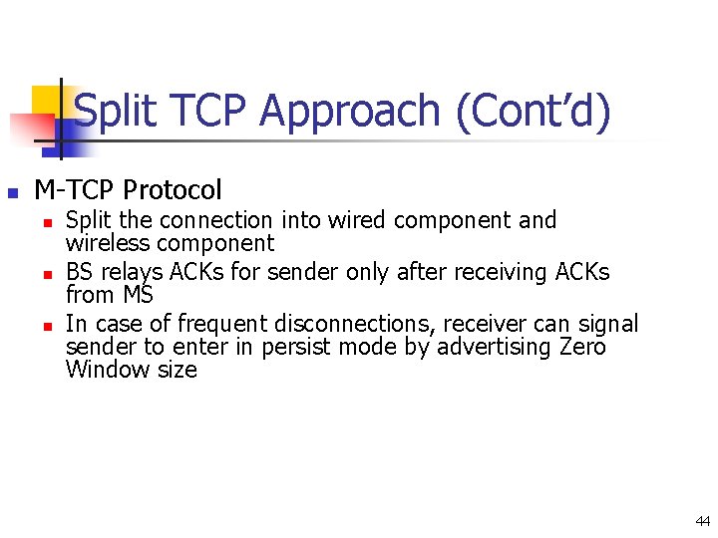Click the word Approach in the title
pyautogui.click(x=348, y=111)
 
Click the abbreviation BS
pyautogui.click(x=79, y=272)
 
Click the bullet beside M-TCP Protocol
pyautogui.click(x=13, y=191)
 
